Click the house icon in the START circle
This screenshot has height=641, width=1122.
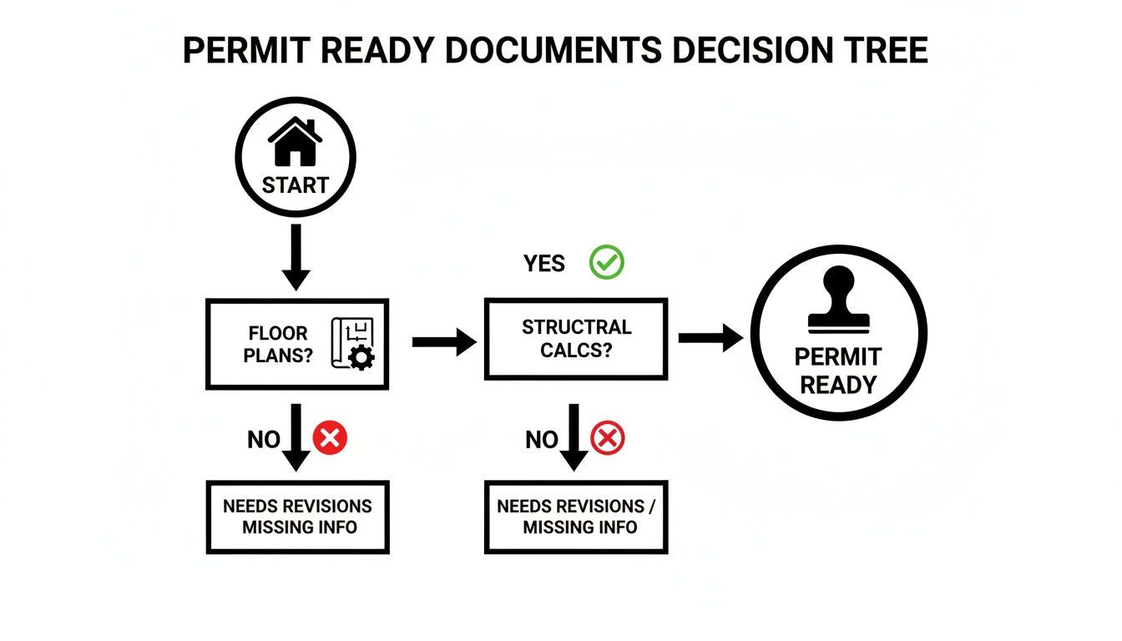pyautogui.click(x=295, y=143)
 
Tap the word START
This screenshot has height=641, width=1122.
pyautogui.click(x=295, y=184)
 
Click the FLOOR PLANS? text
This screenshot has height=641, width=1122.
pyautogui.click(x=278, y=345)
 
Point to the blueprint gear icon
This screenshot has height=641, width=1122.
pyautogui.click(x=353, y=344)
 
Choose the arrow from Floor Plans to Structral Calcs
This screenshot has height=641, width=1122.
pyautogui.click(x=443, y=342)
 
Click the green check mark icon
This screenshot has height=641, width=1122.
pyautogui.click(x=607, y=263)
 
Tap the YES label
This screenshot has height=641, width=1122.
pyautogui.click(x=544, y=264)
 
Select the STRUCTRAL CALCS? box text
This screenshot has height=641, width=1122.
pyautogui.click(x=576, y=338)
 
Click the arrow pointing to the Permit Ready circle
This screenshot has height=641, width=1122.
pyautogui.click(x=710, y=338)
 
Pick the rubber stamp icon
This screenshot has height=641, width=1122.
pyautogui.click(x=838, y=300)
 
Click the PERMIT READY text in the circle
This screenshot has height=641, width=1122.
pyautogui.click(x=837, y=371)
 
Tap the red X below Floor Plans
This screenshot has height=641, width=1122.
pyautogui.click(x=330, y=437)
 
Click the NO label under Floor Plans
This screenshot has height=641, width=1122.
pyautogui.click(x=264, y=439)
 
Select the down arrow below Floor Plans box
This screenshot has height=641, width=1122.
pyautogui.click(x=296, y=438)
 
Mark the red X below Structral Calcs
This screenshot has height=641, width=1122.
pyautogui.click(x=607, y=437)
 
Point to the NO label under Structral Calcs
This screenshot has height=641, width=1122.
pyautogui.click(x=542, y=439)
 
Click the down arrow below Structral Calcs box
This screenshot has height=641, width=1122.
pyautogui.click(x=574, y=438)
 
